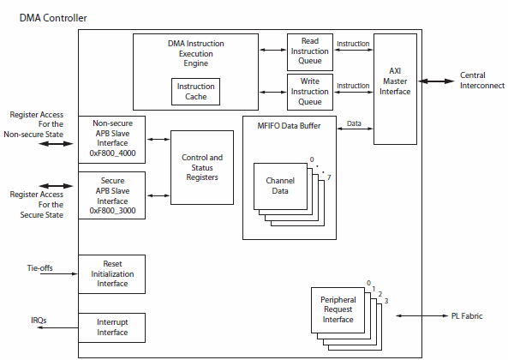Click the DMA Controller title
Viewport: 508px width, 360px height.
53,17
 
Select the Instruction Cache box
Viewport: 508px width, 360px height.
195,91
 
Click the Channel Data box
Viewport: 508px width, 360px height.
281,187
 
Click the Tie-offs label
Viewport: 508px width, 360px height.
40,267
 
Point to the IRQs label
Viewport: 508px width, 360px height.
39,321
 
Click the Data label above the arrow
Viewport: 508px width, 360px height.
353,124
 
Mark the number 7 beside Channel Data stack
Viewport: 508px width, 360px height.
328,175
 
